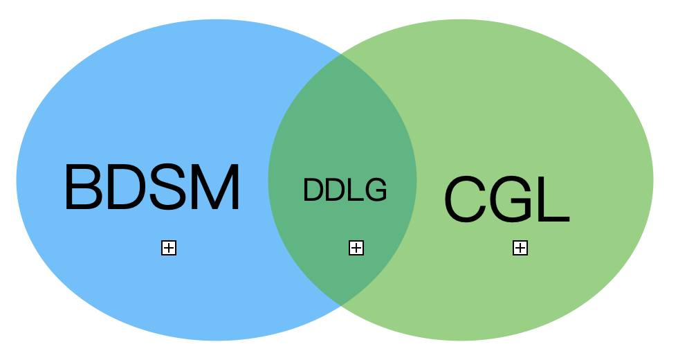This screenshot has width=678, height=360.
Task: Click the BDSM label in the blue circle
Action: pyautogui.click(x=152, y=188)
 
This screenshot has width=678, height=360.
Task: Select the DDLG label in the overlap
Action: pyautogui.click(x=345, y=190)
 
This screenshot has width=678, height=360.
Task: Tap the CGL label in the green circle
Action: pyautogui.click(x=506, y=199)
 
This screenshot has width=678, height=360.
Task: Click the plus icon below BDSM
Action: pyautogui.click(x=169, y=248)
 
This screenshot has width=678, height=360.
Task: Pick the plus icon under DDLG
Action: pyautogui.click(x=356, y=248)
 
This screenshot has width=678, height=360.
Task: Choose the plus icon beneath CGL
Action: pyautogui.click(x=520, y=248)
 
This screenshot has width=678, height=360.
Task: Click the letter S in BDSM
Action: pyautogui.click(x=169, y=188)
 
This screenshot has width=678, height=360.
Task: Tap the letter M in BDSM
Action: pyautogui.click(x=214, y=188)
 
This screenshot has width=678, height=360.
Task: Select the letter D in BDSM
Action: pyautogui.click(x=127, y=188)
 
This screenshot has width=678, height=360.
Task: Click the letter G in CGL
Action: pyautogui.click(x=517, y=199)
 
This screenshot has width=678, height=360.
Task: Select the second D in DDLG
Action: pyautogui.click(x=335, y=190)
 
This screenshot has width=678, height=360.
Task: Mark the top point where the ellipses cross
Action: pyautogui.click(x=339, y=54)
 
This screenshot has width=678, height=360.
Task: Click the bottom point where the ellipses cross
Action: pyautogui.click(x=339, y=305)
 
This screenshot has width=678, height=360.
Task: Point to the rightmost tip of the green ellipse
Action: pyautogui.click(x=652, y=180)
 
